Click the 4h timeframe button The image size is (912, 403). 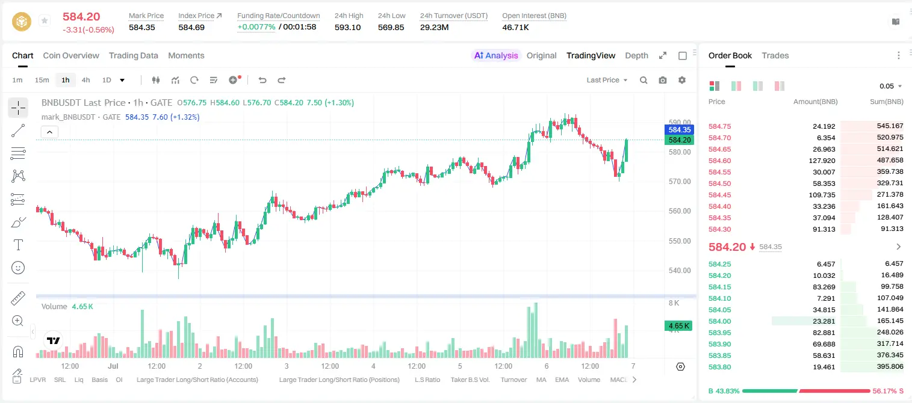85,80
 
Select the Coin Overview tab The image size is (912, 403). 71,55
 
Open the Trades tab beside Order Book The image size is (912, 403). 775,55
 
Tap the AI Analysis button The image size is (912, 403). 496,55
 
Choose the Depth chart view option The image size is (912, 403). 636,55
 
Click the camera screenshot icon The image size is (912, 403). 663,80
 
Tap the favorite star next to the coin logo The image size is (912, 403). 45,20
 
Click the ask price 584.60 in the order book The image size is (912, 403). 719,161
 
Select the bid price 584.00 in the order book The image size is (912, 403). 719,321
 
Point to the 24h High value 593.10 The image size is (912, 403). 348,27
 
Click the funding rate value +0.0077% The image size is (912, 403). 256,27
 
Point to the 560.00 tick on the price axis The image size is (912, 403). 680,211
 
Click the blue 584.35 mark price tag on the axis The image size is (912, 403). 680,130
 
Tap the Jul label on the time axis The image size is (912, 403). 113,366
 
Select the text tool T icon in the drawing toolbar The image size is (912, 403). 18,245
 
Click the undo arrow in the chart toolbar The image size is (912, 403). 262,80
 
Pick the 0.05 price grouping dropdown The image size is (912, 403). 890,86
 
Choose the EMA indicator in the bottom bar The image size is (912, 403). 562,380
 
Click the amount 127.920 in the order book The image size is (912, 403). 822,161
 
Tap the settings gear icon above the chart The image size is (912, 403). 682,80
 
